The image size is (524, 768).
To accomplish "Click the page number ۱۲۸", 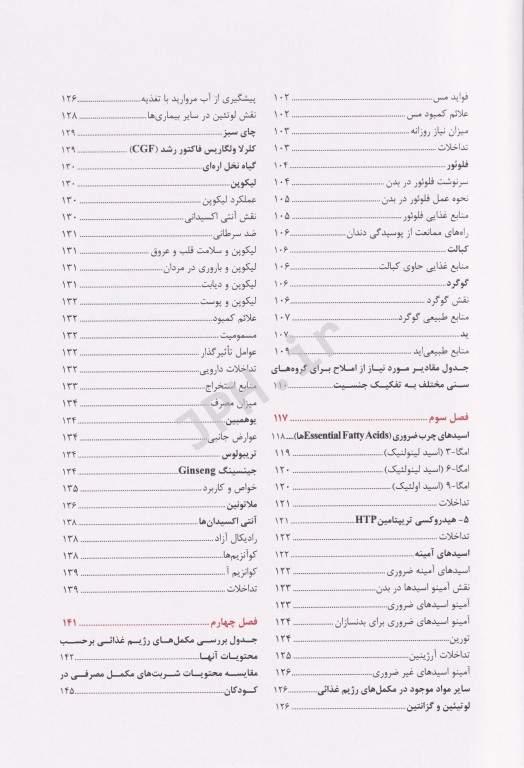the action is pos(70,116).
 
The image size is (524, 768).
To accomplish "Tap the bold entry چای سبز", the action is pos(236,133).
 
